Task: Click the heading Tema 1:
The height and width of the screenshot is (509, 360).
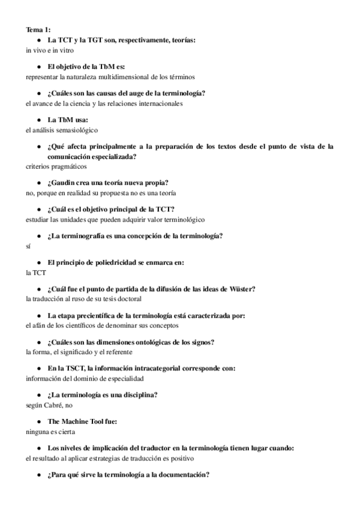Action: point(38,29)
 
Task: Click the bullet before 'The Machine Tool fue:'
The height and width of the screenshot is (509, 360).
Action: point(39,421)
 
